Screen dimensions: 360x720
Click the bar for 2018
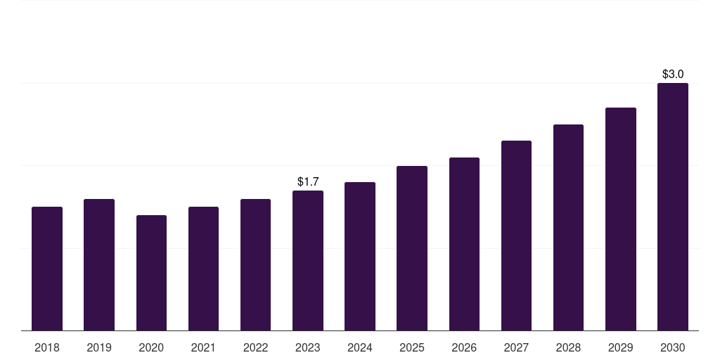tap(47, 269)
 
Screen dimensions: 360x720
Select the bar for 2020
tap(151, 273)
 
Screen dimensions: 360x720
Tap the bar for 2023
tap(308, 260)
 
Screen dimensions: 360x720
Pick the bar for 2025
tap(412, 248)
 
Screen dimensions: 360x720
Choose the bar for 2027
tap(516, 236)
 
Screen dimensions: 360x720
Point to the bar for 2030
tap(673, 207)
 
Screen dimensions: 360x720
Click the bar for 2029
tap(621, 219)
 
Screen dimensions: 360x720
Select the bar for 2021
tap(203, 269)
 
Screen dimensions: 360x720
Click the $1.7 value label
tap(308, 181)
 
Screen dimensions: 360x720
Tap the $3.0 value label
tap(673, 74)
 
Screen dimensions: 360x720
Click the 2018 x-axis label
tap(47, 347)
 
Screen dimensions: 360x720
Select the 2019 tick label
tap(99, 347)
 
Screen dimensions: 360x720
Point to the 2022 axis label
tap(256, 347)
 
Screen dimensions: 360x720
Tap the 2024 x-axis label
tap(360, 347)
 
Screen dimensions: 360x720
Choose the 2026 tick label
tap(464, 347)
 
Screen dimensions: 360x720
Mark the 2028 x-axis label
tap(568, 347)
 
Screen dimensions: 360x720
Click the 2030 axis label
tap(673, 347)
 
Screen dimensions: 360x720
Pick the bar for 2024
tap(360, 256)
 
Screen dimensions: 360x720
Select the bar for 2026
tap(464, 244)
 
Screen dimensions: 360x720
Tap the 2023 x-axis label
tap(308, 347)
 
